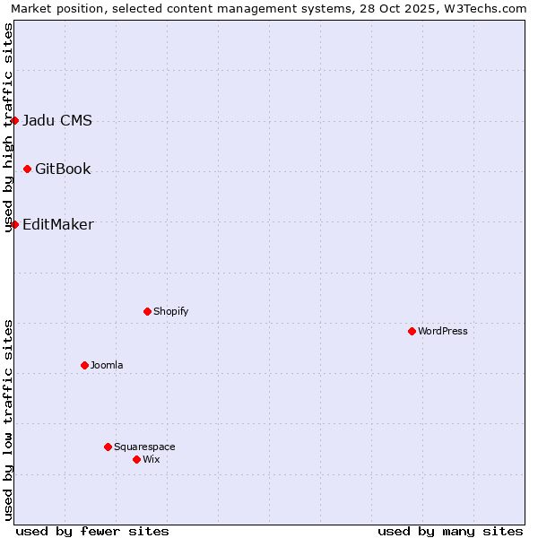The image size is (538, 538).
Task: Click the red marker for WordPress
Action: [412, 331]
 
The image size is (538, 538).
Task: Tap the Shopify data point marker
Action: [147, 311]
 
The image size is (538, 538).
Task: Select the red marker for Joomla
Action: [84, 365]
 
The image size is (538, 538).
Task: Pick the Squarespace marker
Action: [108, 447]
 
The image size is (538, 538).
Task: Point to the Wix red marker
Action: [136, 459]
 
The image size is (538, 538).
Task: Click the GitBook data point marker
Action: [27, 169]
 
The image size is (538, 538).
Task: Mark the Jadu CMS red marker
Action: [14, 120]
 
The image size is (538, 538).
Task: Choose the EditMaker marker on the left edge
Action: [14, 224]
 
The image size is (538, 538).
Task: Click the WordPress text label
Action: [443, 331]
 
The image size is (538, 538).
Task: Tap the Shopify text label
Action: [171, 311]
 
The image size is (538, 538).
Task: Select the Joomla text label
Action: [107, 365]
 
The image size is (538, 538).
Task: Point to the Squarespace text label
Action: [144, 447]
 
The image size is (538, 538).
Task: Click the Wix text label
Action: [152, 459]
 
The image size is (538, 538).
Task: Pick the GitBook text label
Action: [63, 169]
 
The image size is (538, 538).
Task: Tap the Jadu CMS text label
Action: [57, 120]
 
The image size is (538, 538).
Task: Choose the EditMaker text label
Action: [58, 224]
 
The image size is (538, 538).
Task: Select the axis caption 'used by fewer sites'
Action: [92, 531]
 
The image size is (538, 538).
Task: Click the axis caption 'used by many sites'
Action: [450, 531]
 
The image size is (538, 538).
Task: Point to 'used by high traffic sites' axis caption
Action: [8, 127]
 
